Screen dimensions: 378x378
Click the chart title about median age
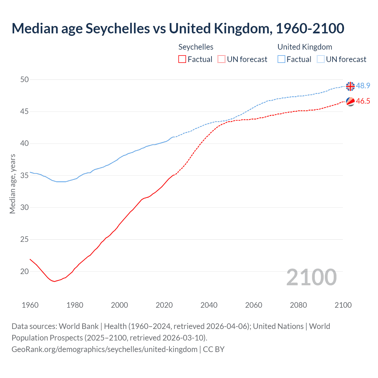point(178,29)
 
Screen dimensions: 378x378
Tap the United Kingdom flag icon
point(350,86)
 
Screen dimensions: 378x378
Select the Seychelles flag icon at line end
point(350,101)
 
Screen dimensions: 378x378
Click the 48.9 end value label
point(363,86)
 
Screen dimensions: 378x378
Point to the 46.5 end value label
point(363,101)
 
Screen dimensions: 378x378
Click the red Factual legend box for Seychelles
point(182,59)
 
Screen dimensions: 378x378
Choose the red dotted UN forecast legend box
point(221,59)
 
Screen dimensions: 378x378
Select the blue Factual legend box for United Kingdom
point(281,59)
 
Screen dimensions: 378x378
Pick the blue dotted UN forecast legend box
point(321,59)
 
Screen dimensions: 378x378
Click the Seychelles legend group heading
point(196,47)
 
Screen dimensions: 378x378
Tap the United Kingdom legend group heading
point(305,47)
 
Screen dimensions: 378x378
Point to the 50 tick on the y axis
point(25,79)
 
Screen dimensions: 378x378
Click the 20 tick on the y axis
point(25,271)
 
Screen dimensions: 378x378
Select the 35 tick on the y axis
point(25,175)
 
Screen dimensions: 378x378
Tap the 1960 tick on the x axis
point(30,305)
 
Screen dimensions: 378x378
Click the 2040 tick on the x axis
point(209,305)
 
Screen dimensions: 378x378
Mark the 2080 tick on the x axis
point(298,305)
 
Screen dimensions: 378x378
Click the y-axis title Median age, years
point(12,184)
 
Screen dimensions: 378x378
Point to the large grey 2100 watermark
point(311,277)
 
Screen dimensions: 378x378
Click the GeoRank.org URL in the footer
point(105,349)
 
